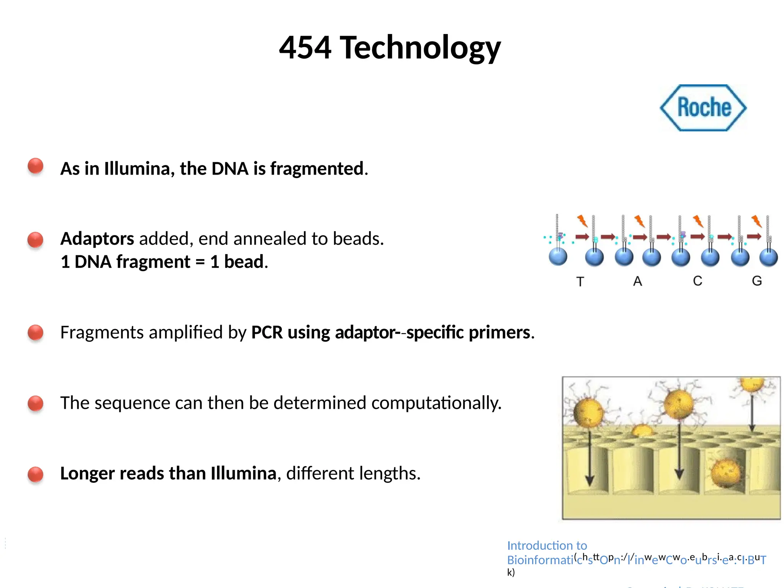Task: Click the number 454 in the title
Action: (305, 47)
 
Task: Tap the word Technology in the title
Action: (420, 48)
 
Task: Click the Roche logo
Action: (703, 108)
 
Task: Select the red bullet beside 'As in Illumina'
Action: (36, 166)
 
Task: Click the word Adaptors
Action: (97, 238)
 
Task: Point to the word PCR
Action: (267, 332)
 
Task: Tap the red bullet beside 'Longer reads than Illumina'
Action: (36, 474)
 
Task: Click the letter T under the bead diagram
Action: (580, 282)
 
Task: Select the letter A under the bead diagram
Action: (637, 281)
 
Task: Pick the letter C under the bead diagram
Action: (697, 281)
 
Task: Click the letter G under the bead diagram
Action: (757, 281)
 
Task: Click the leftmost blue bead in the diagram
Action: (558, 256)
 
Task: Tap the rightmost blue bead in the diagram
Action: (768, 257)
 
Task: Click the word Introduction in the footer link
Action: (535, 545)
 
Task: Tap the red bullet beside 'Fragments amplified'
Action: (36, 332)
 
